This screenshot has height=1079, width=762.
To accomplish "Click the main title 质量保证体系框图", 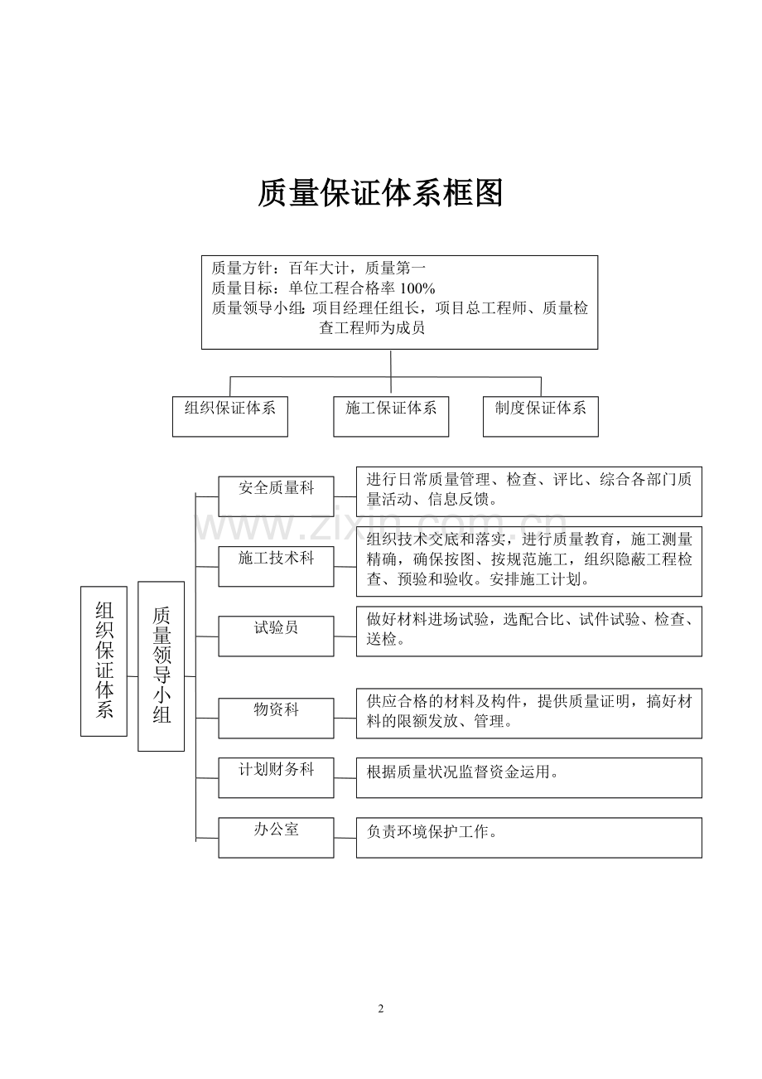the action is click(x=380, y=193).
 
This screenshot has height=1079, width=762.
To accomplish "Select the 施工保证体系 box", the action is click(x=391, y=417).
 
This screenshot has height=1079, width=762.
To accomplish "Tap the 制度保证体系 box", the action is click(x=541, y=417).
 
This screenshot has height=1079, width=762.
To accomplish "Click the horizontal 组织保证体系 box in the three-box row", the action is click(x=230, y=417).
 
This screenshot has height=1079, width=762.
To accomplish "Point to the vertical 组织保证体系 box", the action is click(x=104, y=660).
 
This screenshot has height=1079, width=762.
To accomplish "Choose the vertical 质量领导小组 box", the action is click(x=162, y=666).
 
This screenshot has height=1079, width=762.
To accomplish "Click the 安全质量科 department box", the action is click(x=277, y=496).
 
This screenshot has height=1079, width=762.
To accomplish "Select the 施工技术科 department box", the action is click(x=277, y=567).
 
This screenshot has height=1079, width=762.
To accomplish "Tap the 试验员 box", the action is click(x=277, y=636).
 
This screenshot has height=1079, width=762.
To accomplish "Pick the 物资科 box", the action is click(x=277, y=719).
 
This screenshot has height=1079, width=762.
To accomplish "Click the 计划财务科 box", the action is click(x=277, y=778).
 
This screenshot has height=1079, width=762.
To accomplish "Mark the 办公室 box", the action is click(x=277, y=838).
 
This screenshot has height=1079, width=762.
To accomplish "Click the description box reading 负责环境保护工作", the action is click(x=529, y=838).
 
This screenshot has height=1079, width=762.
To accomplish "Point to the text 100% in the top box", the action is click(x=417, y=288).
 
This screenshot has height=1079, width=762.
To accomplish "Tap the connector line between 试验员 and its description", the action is click(x=345, y=636).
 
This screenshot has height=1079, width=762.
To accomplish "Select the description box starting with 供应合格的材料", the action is click(x=529, y=714).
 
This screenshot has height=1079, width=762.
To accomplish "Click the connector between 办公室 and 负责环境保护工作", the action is click(x=345, y=838).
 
